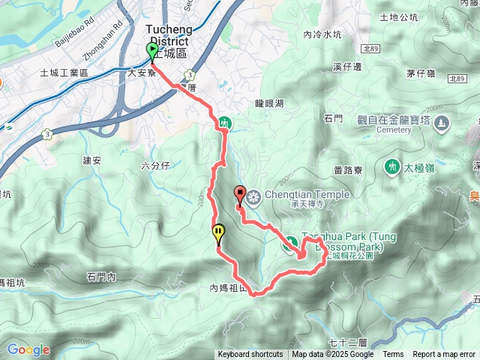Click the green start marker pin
point(153,51)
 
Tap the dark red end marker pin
point(240,194)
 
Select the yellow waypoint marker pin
point(218,234)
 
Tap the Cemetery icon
point(441,122)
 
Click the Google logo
point(28,349)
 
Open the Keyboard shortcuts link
point(250,355)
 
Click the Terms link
point(393,355)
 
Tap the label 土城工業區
point(64,73)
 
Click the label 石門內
point(100,277)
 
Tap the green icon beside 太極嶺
point(391,165)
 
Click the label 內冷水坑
point(322,34)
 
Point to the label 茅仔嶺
point(421,73)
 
